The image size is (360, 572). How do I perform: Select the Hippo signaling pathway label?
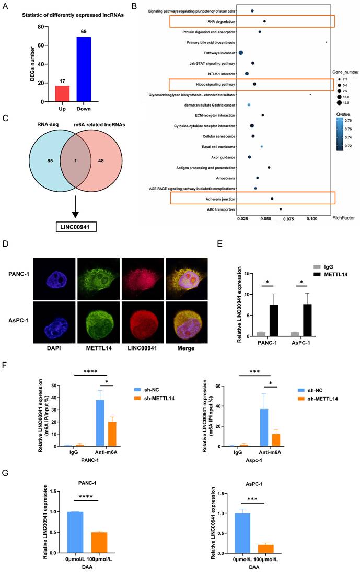(x=213, y=84)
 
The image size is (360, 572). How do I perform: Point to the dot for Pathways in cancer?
(x=241, y=53)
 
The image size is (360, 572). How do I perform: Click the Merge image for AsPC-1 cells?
(x=179, y=317)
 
